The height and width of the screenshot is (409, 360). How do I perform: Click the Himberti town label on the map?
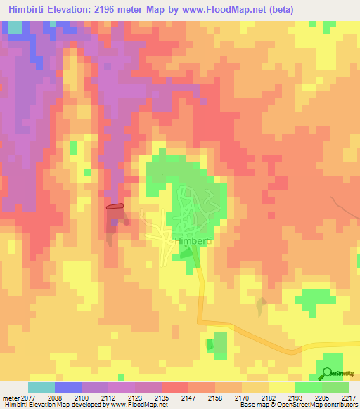[191, 241]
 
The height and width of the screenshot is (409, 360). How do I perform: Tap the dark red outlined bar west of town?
[115, 207]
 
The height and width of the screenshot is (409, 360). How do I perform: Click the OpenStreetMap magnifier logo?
[327, 373]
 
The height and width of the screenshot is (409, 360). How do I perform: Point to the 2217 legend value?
[349, 398]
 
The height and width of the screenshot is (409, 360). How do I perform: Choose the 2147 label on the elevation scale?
[188, 398]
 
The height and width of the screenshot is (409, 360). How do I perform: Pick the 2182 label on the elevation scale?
[268, 398]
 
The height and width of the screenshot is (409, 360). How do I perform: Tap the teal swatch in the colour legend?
[41, 387]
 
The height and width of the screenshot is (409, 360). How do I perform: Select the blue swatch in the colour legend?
[68, 387]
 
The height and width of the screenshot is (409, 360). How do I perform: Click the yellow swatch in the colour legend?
[281, 387]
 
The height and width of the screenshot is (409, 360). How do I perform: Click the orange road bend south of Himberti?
[203, 320]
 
